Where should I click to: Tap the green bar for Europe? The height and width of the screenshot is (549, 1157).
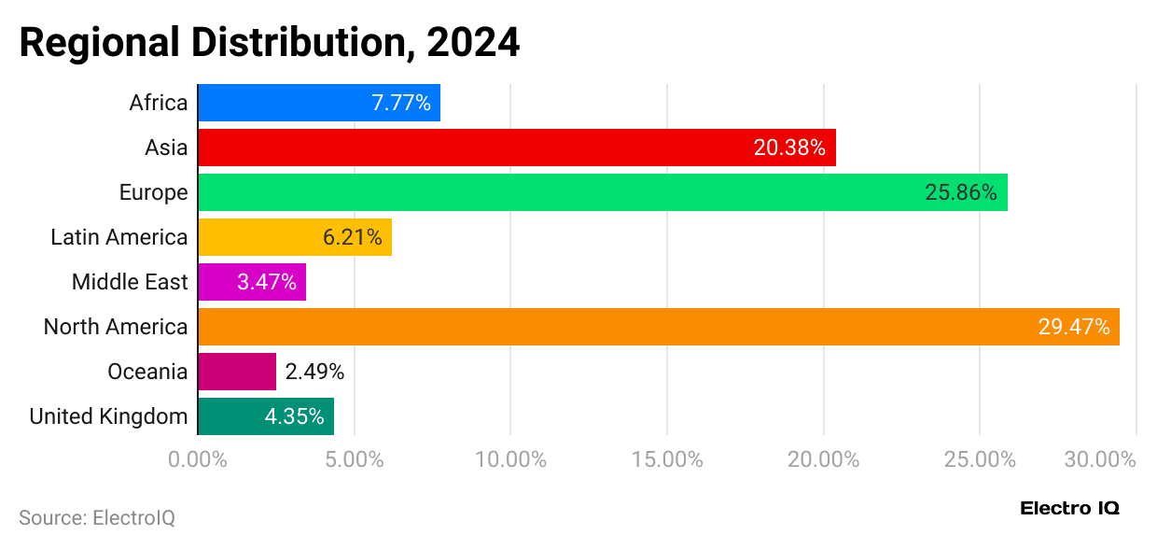pos(560,192)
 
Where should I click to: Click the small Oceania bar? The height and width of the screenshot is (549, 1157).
pos(237,372)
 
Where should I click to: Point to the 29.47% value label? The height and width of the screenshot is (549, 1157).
pos(1073,327)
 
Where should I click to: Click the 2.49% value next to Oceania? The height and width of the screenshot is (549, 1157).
pos(314,372)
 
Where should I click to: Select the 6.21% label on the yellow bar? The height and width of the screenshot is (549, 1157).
pos(352,237)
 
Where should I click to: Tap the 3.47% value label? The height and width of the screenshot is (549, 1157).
pos(267,282)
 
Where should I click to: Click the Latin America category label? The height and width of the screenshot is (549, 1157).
pos(118,237)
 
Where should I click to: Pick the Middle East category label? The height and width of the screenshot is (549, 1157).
pos(130,282)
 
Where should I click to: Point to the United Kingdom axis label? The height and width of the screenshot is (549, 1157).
pos(108,416)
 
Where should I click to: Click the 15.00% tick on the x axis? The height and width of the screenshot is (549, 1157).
pos(667,459)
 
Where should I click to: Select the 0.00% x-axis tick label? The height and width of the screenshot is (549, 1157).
pos(198,459)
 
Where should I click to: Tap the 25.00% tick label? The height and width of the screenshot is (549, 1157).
pos(980,459)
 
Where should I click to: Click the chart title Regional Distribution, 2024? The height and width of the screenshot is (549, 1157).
pos(270,43)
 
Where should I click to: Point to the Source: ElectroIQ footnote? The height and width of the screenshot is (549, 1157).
pos(97,517)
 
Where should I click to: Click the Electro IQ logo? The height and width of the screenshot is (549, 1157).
pos(1069,509)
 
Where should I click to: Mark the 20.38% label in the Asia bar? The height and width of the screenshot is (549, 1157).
pos(789,148)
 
